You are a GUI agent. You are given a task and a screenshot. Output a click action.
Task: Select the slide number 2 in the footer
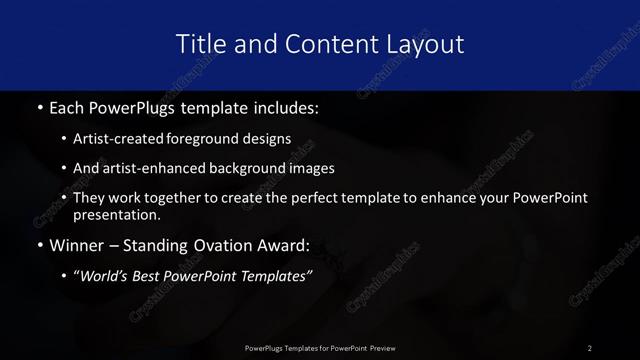[590, 347]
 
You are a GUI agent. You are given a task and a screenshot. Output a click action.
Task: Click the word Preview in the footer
[379, 347]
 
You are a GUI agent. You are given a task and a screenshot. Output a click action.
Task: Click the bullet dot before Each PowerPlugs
[39, 106]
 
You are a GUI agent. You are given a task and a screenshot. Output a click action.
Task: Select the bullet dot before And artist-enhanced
[64, 168]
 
